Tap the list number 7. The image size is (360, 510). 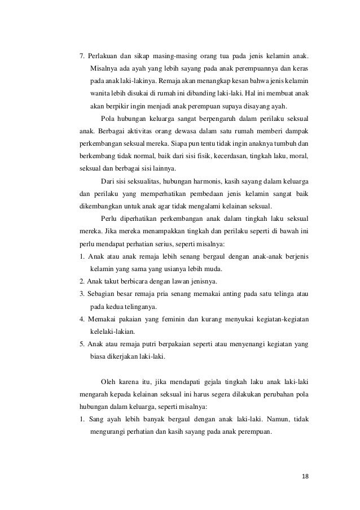tap(82, 56)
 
